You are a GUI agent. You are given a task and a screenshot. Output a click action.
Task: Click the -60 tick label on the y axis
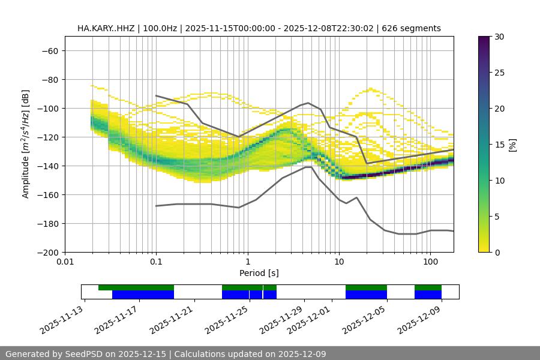click(x=50, y=50)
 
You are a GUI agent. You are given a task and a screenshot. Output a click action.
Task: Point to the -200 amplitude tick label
click(x=48, y=252)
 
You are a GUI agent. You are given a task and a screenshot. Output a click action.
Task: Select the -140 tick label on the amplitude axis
click(x=48, y=166)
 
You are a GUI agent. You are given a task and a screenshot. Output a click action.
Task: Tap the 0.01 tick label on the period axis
click(x=65, y=262)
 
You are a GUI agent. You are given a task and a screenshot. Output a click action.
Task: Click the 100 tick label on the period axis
click(x=430, y=262)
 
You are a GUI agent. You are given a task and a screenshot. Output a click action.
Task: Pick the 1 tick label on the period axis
click(x=248, y=262)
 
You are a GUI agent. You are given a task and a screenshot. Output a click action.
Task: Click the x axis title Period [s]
click(x=259, y=273)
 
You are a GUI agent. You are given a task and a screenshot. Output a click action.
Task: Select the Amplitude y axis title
click(x=26, y=144)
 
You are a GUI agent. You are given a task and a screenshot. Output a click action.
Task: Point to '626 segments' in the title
click(x=415, y=28)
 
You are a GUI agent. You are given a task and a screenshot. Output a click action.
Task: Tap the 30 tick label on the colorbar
click(x=499, y=37)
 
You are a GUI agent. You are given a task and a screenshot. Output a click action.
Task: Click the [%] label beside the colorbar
click(x=512, y=145)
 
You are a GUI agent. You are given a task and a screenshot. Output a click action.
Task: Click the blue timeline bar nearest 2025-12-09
click(x=428, y=295)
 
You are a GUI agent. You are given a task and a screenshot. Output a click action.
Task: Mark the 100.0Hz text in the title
click(x=161, y=28)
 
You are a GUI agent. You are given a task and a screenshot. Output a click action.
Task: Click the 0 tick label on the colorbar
click(x=497, y=252)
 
